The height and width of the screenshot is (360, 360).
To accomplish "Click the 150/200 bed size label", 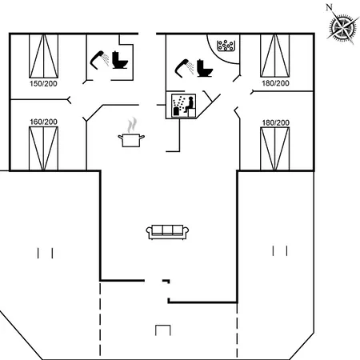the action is pos(43,84).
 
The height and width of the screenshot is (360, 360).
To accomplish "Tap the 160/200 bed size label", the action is pos(43,122).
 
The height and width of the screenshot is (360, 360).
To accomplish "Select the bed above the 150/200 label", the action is pos(43,56).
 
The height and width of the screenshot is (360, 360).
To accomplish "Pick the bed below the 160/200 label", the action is pos(43,149).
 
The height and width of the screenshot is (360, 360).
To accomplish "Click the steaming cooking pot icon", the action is pos(131,134).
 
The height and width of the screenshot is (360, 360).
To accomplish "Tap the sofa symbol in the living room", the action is pos(167,232).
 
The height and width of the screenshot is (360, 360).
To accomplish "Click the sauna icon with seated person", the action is pos(183,106).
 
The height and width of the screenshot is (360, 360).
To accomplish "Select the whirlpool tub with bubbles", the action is pos(226,46).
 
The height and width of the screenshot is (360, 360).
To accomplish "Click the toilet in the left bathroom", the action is pos(120,60).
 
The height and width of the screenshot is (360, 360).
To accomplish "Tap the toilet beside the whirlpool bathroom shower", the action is pos(205,69).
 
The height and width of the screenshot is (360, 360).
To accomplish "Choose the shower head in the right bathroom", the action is pos(184,68).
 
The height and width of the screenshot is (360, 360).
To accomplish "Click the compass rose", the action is pos(342,27).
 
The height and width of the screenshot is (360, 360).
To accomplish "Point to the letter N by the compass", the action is pos(329,7).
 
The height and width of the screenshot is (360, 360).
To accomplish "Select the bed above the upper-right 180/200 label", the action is pos(275,56).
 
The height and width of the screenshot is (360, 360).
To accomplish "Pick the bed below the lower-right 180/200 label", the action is pos(275,149).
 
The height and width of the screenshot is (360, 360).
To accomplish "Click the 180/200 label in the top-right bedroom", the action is pos(275,83).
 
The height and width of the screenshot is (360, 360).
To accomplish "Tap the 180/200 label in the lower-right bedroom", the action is pos(276,122).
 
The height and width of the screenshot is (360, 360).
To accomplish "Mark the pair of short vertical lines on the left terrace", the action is pos(45,253).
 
